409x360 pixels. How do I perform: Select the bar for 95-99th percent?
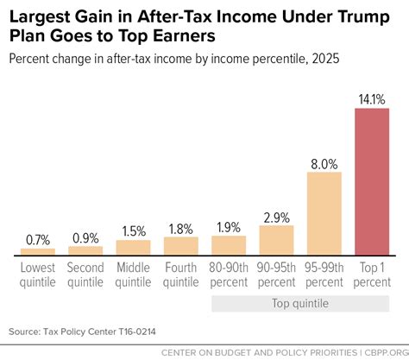click(x=324, y=214)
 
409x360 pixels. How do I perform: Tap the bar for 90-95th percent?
click(x=276, y=239)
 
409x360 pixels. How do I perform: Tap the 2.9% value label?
click(x=276, y=217)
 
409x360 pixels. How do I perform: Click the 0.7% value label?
click(x=38, y=238)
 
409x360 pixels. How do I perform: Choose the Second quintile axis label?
click(x=85, y=275)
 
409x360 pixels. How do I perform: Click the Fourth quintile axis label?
click(x=181, y=275)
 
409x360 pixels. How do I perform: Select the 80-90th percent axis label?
click(x=229, y=275)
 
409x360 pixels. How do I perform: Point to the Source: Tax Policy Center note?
click(x=78, y=331)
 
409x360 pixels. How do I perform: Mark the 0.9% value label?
click(x=85, y=237)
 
